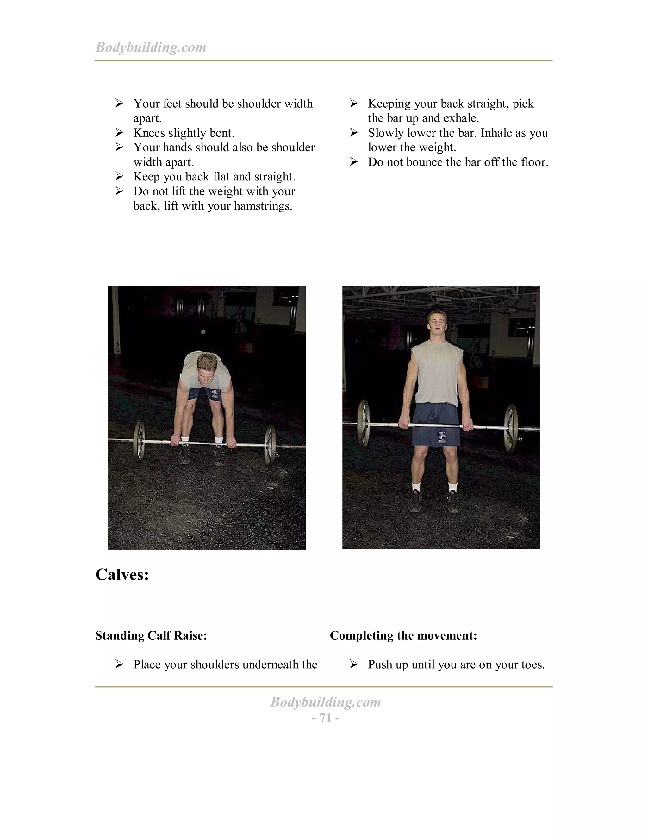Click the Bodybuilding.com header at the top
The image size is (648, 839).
tap(151, 47)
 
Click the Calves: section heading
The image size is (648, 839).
tap(122, 575)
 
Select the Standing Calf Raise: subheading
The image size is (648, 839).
tap(151, 635)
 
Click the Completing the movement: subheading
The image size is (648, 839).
tap(403, 635)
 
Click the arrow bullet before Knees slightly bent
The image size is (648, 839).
tap(119, 133)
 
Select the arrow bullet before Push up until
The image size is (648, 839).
tap(354, 664)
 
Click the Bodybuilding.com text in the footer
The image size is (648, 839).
tap(325, 702)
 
